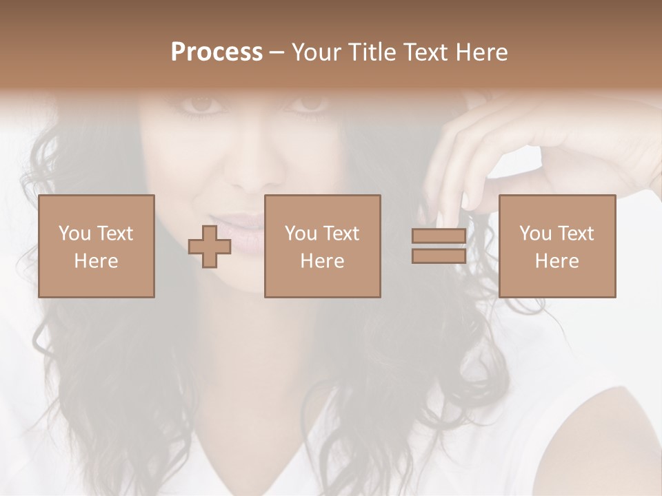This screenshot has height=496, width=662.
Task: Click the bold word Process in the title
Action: [x=217, y=52]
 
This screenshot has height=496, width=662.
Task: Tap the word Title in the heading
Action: [x=372, y=52]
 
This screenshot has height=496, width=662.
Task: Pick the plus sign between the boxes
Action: [x=210, y=247]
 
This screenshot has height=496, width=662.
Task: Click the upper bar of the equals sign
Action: [x=439, y=236]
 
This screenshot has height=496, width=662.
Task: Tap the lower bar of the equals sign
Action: [x=439, y=256]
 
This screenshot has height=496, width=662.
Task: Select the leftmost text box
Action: [x=96, y=246]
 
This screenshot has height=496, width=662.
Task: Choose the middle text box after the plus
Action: [x=322, y=246]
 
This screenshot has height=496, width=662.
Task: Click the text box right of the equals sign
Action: [x=556, y=246]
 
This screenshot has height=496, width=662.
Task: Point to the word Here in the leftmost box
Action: [x=96, y=261]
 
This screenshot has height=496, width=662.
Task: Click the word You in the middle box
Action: [x=301, y=234]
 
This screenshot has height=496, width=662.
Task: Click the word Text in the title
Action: [x=423, y=52]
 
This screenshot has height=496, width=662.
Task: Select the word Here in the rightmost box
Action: [x=556, y=261]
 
